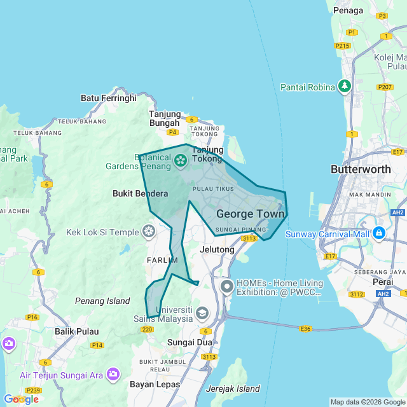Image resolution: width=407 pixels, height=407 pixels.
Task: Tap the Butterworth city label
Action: [360, 170]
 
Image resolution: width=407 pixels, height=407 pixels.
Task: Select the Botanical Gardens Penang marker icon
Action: [180, 162]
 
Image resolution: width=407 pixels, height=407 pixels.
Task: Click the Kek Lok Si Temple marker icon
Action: [149, 231]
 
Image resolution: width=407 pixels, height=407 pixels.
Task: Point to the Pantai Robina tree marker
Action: [345, 86]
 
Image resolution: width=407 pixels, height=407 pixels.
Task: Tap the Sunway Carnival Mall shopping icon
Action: [378, 233]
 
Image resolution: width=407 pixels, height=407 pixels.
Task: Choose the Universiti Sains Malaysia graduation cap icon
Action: [202, 313]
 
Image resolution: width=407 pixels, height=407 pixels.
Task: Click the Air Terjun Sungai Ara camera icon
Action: [113, 375]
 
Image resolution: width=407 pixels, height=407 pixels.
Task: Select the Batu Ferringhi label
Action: [109, 98]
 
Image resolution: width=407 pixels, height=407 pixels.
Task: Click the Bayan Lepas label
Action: [155, 385]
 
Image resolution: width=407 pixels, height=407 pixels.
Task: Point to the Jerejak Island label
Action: [233, 389]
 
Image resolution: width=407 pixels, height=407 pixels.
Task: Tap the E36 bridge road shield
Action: [306, 329]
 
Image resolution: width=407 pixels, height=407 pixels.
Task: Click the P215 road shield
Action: [343, 46]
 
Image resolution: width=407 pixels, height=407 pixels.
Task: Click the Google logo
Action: [20, 399]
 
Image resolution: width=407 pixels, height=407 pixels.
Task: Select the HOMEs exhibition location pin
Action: [227, 287]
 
